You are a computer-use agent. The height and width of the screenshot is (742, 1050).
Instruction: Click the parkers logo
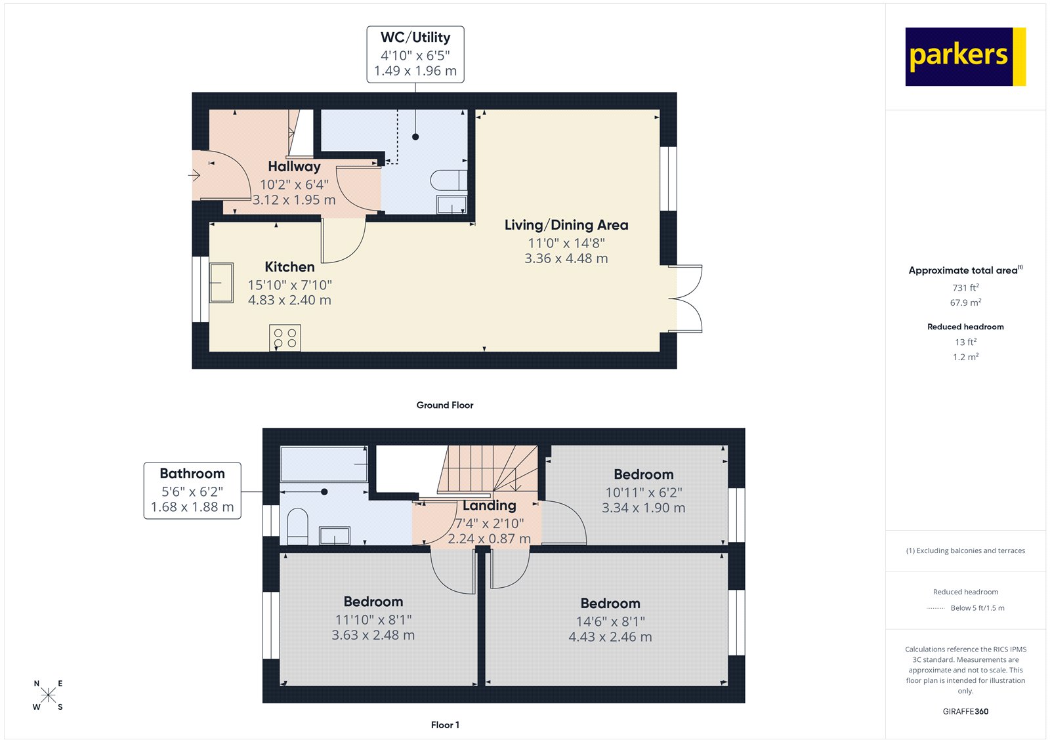pyautogui.click(x=965, y=56)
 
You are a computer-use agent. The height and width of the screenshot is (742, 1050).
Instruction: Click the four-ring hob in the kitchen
pyautogui.click(x=285, y=338)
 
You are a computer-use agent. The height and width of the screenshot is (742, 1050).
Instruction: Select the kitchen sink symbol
pyautogui.click(x=221, y=283)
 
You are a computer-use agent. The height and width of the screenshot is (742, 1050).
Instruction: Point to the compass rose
pyautogui.click(x=48, y=695)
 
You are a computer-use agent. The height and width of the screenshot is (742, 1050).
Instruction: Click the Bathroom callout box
pyautogui.click(x=192, y=491)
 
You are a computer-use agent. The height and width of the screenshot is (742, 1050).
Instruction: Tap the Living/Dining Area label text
pyautogui.click(x=566, y=225)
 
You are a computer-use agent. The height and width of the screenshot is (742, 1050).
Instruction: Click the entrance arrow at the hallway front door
pyautogui.click(x=195, y=175)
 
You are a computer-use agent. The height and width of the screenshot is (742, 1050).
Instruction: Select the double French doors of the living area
pyautogui.click(x=686, y=299)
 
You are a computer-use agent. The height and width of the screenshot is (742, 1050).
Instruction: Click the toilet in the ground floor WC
pyautogui.click(x=449, y=180)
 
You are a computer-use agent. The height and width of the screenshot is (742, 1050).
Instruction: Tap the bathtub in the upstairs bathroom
pyautogui.click(x=324, y=464)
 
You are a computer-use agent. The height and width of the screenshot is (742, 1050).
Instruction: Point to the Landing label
pyautogui.click(x=489, y=505)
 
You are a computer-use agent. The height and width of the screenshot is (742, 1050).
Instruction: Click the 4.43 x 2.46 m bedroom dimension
pyautogui.click(x=610, y=637)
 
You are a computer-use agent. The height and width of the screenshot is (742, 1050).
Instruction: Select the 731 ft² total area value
pyautogui.click(x=965, y=287)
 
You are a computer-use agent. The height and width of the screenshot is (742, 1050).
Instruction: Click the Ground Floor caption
pyautogui.click(x=444, y=405)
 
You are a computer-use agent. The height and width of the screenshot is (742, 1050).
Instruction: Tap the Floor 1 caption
pyautogui.click(x=445, y=725)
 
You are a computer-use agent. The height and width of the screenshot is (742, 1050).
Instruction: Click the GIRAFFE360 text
pyautogui.click(x=965, y=711)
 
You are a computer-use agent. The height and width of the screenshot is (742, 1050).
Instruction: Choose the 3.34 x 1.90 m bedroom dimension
pyautogui.click(x=643, y=508)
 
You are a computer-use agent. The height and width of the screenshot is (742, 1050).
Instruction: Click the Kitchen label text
pyautogui.click(x=289, y=267)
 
